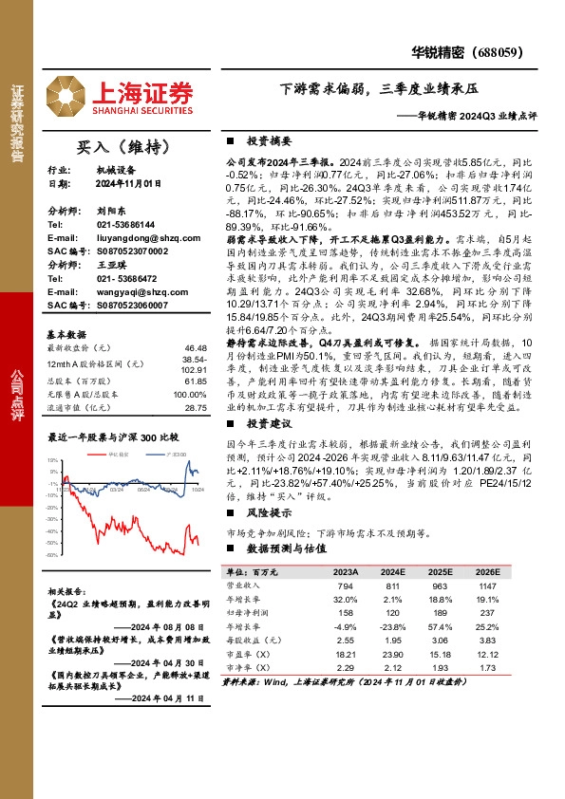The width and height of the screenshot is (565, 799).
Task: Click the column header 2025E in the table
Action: (x=443, y=573)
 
